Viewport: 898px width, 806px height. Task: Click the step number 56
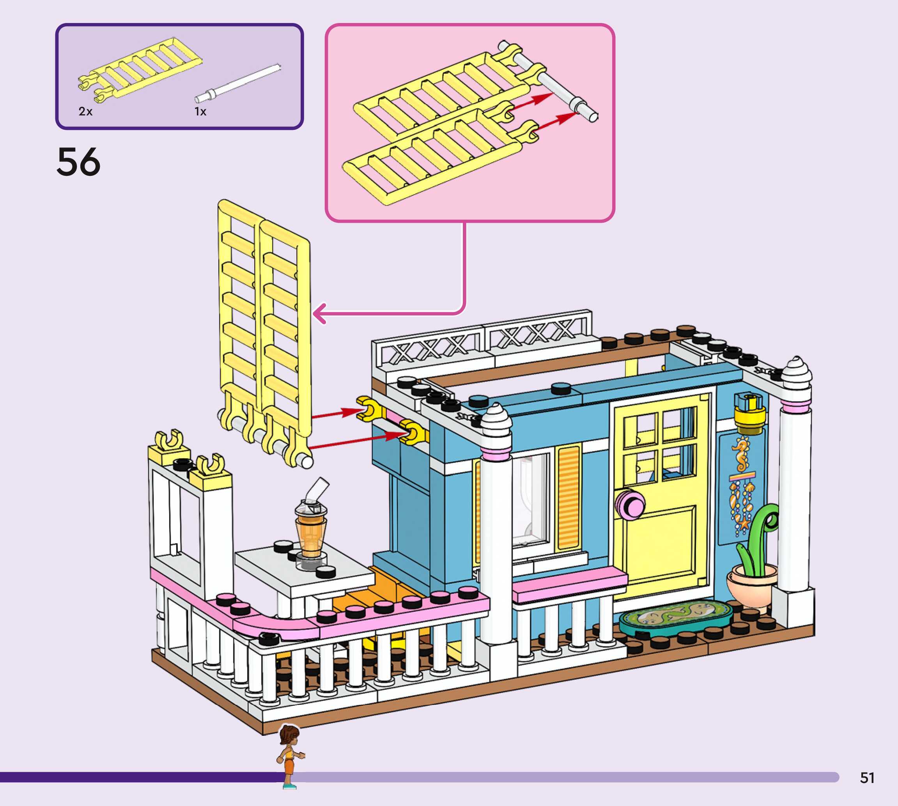click(x=78, y=162)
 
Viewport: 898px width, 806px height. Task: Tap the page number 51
click(x=867, y=778)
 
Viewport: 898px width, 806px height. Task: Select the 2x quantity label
click(x=85, y=112)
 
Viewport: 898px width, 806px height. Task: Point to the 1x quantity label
click(x=200, y=112)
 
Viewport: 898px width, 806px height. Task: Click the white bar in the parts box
click(x=239, y=83)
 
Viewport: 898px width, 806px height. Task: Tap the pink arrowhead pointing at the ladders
click(x=320, y=314)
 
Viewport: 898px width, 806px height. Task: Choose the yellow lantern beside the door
click(x=749, y=412)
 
